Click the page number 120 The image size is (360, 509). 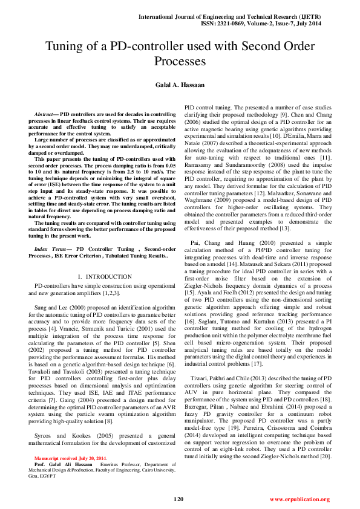(178, 499)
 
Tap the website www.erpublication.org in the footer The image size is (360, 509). (299, 499)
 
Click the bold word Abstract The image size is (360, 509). (44, 114)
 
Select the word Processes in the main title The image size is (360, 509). (180, 61)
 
